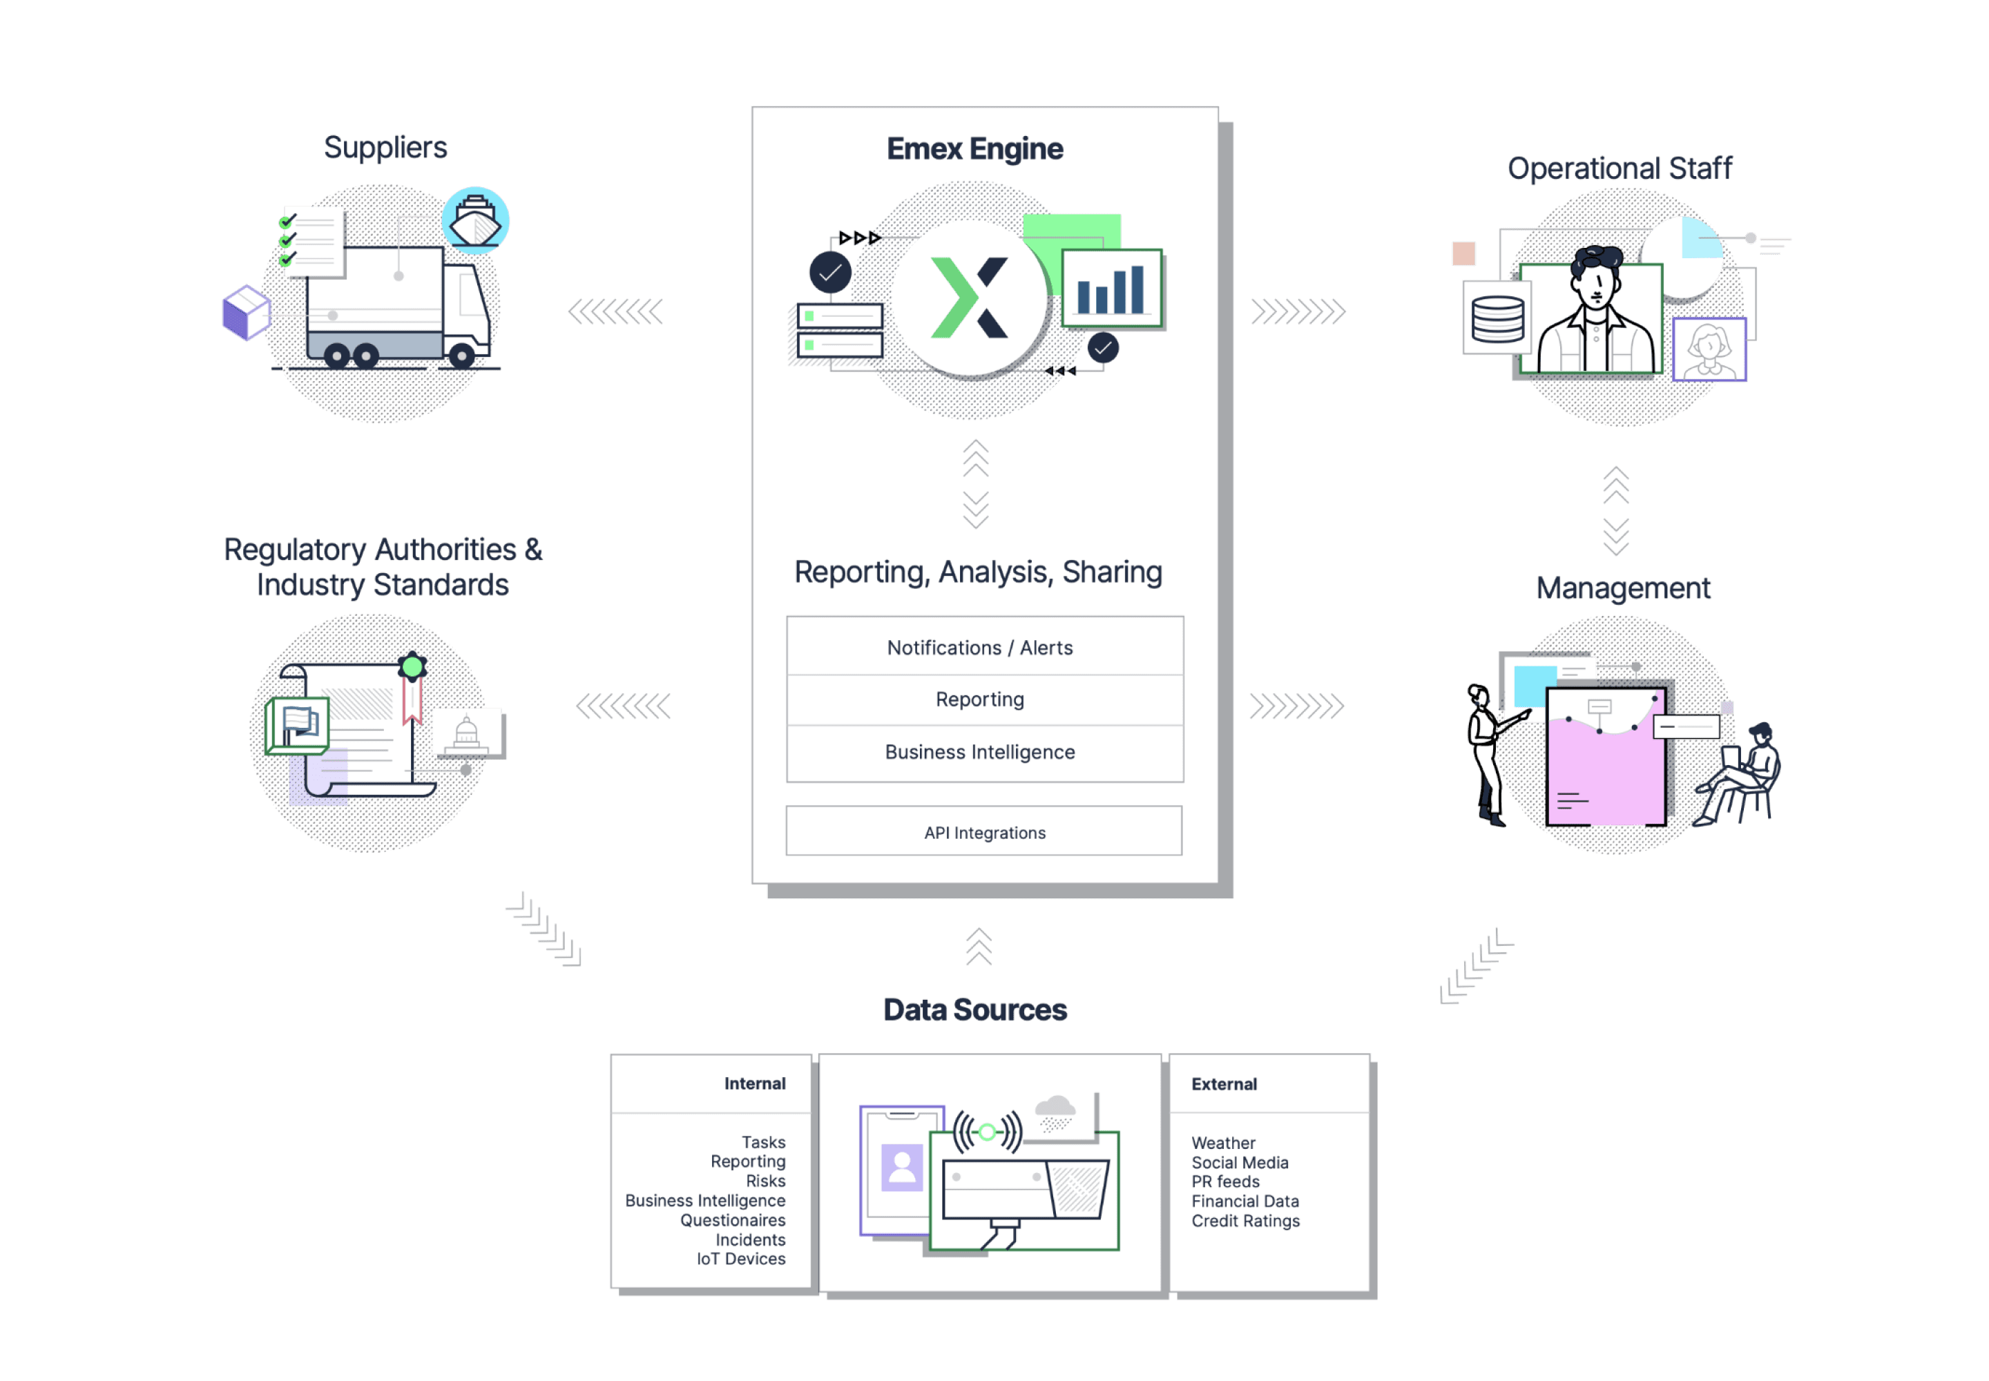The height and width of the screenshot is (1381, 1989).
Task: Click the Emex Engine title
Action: [974, 149]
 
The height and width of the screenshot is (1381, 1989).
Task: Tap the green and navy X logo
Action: [970, 297]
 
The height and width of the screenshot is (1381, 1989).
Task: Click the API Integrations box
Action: [984, 833]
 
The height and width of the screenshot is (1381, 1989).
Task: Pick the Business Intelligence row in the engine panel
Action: [980, 752]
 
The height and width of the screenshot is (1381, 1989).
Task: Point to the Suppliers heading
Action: [385, 148]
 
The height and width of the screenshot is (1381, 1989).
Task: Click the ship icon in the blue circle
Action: [475, 221]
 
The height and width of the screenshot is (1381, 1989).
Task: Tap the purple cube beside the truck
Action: [246, 312]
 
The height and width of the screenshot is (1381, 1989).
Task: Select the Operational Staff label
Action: [1620, 168]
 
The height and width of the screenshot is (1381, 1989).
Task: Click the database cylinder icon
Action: [1497, 319]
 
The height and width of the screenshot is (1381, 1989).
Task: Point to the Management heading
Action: [1623, 588]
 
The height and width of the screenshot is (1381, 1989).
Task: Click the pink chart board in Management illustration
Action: [1606, 757]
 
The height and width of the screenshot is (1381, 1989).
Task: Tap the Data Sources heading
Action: [974, 1010]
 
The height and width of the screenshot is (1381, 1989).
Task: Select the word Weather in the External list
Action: [1223, 1143]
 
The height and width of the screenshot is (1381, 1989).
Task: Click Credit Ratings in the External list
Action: [1245, 1221]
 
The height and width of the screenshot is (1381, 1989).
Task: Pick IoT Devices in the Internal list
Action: [741, 1259]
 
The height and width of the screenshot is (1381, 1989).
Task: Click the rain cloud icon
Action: [1055, 1111]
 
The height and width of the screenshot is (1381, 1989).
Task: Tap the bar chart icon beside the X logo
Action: [1111, 289]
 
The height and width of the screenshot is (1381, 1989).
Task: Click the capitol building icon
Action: [467, 734]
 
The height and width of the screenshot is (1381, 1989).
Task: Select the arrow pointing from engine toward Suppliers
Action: [615, 311]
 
